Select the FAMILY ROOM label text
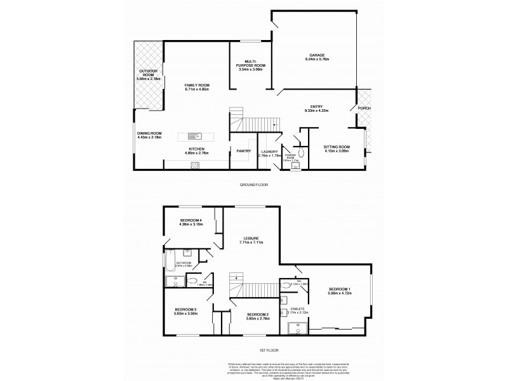(x=197, y=85)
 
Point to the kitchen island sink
(x=194, y=135)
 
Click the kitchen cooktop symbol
(x=195, y=165)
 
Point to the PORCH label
(x=364, y=108)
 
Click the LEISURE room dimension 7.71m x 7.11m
(x=253, y=242)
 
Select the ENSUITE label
(x=297, y=309)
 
